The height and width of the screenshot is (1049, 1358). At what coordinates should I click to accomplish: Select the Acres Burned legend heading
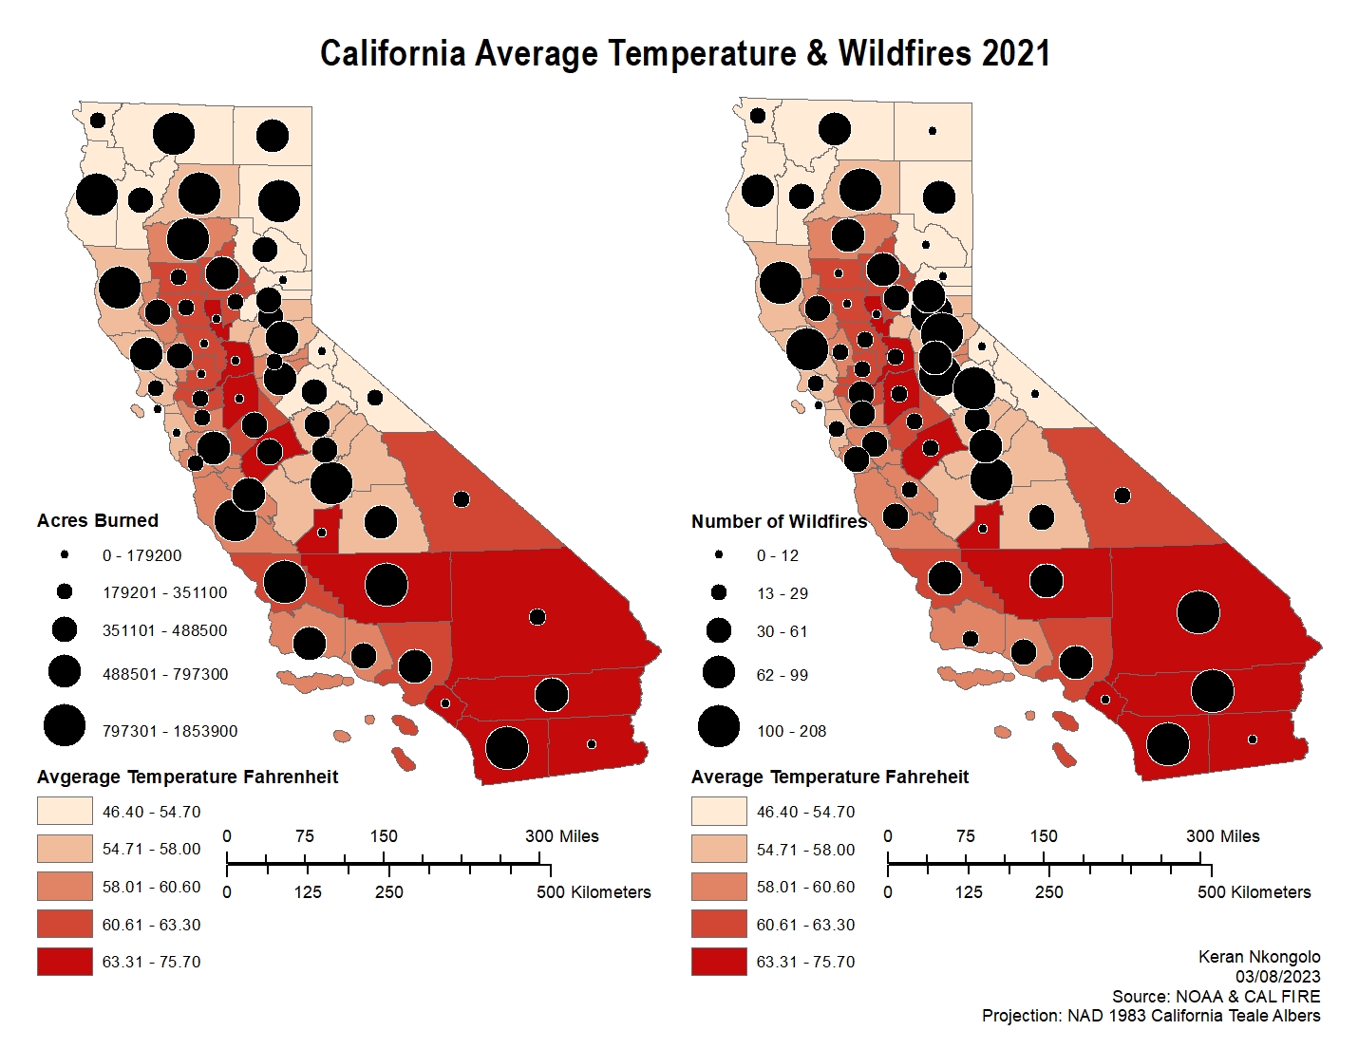[x=98, y=520]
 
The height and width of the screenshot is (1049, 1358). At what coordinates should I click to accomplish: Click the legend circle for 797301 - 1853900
[x=65, y=726]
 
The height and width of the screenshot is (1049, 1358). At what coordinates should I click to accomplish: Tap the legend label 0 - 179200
[x=141, y=555]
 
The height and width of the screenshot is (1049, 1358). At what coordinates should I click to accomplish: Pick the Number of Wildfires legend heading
[x=779, y=521]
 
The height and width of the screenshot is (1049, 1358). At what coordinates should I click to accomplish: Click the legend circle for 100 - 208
[x=719, y=726]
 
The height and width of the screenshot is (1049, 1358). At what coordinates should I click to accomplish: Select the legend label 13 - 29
[x=783, y=593]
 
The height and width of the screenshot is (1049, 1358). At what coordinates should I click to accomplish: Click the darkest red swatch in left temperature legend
[x=65, y=962]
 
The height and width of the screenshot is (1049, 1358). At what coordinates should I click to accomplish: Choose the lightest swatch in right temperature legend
[x=719, y=812]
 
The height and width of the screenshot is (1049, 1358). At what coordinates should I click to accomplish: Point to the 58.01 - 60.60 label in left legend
[x=152, y=887]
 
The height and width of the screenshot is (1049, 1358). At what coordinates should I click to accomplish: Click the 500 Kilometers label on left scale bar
[x=594, y=892]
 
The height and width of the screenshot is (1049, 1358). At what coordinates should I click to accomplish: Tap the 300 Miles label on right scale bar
[x=1222, y=836]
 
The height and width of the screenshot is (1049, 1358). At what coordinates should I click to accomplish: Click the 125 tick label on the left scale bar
[x=307, y=892]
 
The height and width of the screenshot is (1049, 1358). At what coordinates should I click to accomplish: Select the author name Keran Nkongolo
[x=1259, y=957]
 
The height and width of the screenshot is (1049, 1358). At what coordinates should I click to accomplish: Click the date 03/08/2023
[x=1277, y=977]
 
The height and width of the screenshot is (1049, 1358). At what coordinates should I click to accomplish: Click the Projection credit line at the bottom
[x=1150, y=1016]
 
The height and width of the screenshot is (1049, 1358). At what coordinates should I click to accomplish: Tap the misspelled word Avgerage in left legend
[x=80, y=777]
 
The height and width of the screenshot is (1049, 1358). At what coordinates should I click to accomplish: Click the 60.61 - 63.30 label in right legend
[x=805, y=925]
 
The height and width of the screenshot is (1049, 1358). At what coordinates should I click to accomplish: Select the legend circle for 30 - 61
[x=719, y=630]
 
